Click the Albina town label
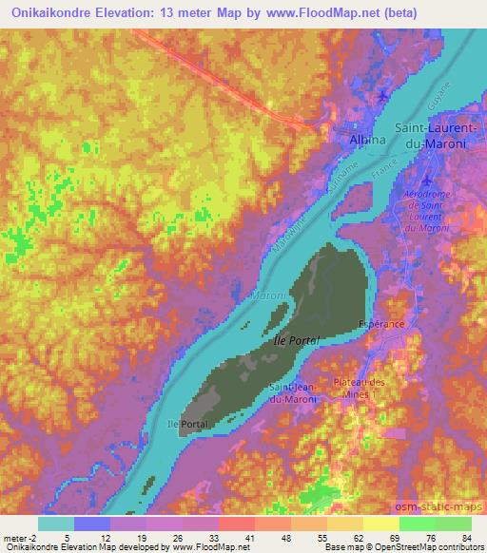(362, 141)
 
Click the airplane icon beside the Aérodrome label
(425, 181)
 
